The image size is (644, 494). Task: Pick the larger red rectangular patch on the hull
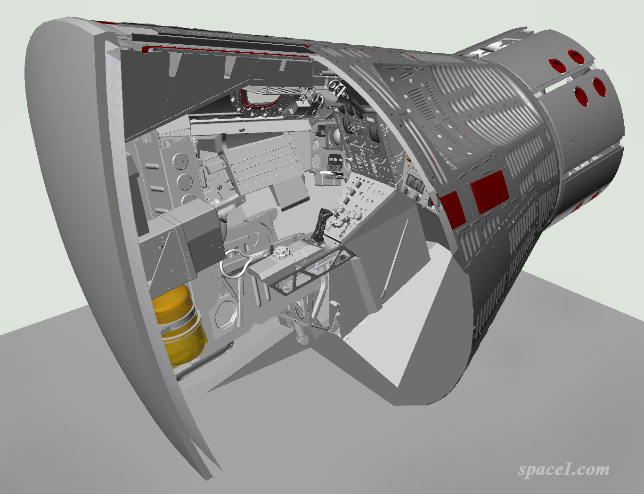click(489, 192)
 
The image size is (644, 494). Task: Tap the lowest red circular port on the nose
click(580, 96)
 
